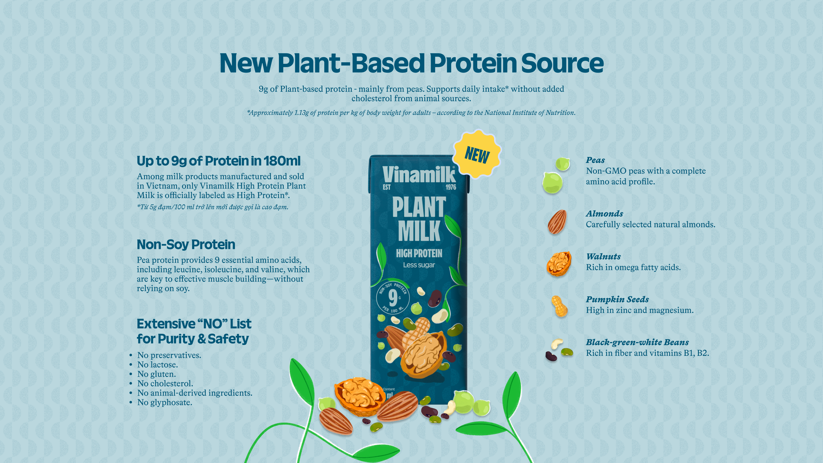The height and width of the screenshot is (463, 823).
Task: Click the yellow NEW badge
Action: click(477, 154)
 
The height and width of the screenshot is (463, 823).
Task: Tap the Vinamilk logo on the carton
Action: click(419, 175)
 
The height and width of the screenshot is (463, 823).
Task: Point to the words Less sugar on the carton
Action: click(419, 265)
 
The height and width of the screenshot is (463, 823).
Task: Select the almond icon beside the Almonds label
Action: click(557, 221)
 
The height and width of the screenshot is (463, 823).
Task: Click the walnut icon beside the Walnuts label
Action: click(558, 264)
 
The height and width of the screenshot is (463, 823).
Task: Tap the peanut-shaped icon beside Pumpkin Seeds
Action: click(560, 306)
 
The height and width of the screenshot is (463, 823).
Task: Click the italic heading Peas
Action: click(595, 160)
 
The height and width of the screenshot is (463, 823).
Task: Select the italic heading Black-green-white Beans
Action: click(637, 342)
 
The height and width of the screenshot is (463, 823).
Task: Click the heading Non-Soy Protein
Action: click(186, 244)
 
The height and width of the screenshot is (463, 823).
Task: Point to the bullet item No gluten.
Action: click(157, 374)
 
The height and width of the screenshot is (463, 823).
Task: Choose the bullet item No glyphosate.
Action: click(165, 402)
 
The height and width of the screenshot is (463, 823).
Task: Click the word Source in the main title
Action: click(562, 63)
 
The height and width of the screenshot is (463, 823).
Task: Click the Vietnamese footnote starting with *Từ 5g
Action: click(212, 207)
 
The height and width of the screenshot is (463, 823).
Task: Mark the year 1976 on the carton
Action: click(451, 187)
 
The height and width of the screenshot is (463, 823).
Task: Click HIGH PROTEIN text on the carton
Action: click(419, 254)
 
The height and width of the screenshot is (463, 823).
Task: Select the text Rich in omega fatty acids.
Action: click(633, 267)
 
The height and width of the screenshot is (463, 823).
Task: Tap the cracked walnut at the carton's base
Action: click(359, 396)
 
